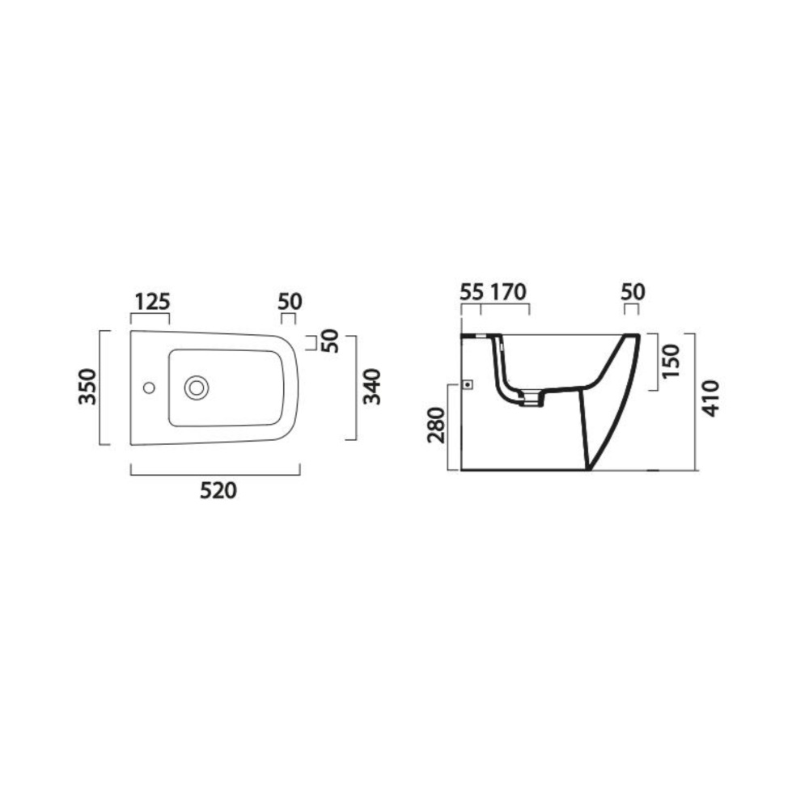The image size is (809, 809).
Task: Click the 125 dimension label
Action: click(152, 302)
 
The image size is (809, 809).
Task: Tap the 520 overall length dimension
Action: click(218, 491)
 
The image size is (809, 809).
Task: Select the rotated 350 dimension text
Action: click(87, 387)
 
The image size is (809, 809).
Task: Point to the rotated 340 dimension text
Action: click(371, 387)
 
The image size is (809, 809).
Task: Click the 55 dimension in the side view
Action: click(472, 292)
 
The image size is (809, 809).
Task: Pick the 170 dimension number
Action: click(508, 292)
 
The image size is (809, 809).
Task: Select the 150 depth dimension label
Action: click(671, 361)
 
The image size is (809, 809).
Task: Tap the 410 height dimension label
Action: click(710, 398)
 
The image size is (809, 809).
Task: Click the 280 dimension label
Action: click(436, 426)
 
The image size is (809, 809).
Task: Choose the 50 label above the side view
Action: click(633, 292)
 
